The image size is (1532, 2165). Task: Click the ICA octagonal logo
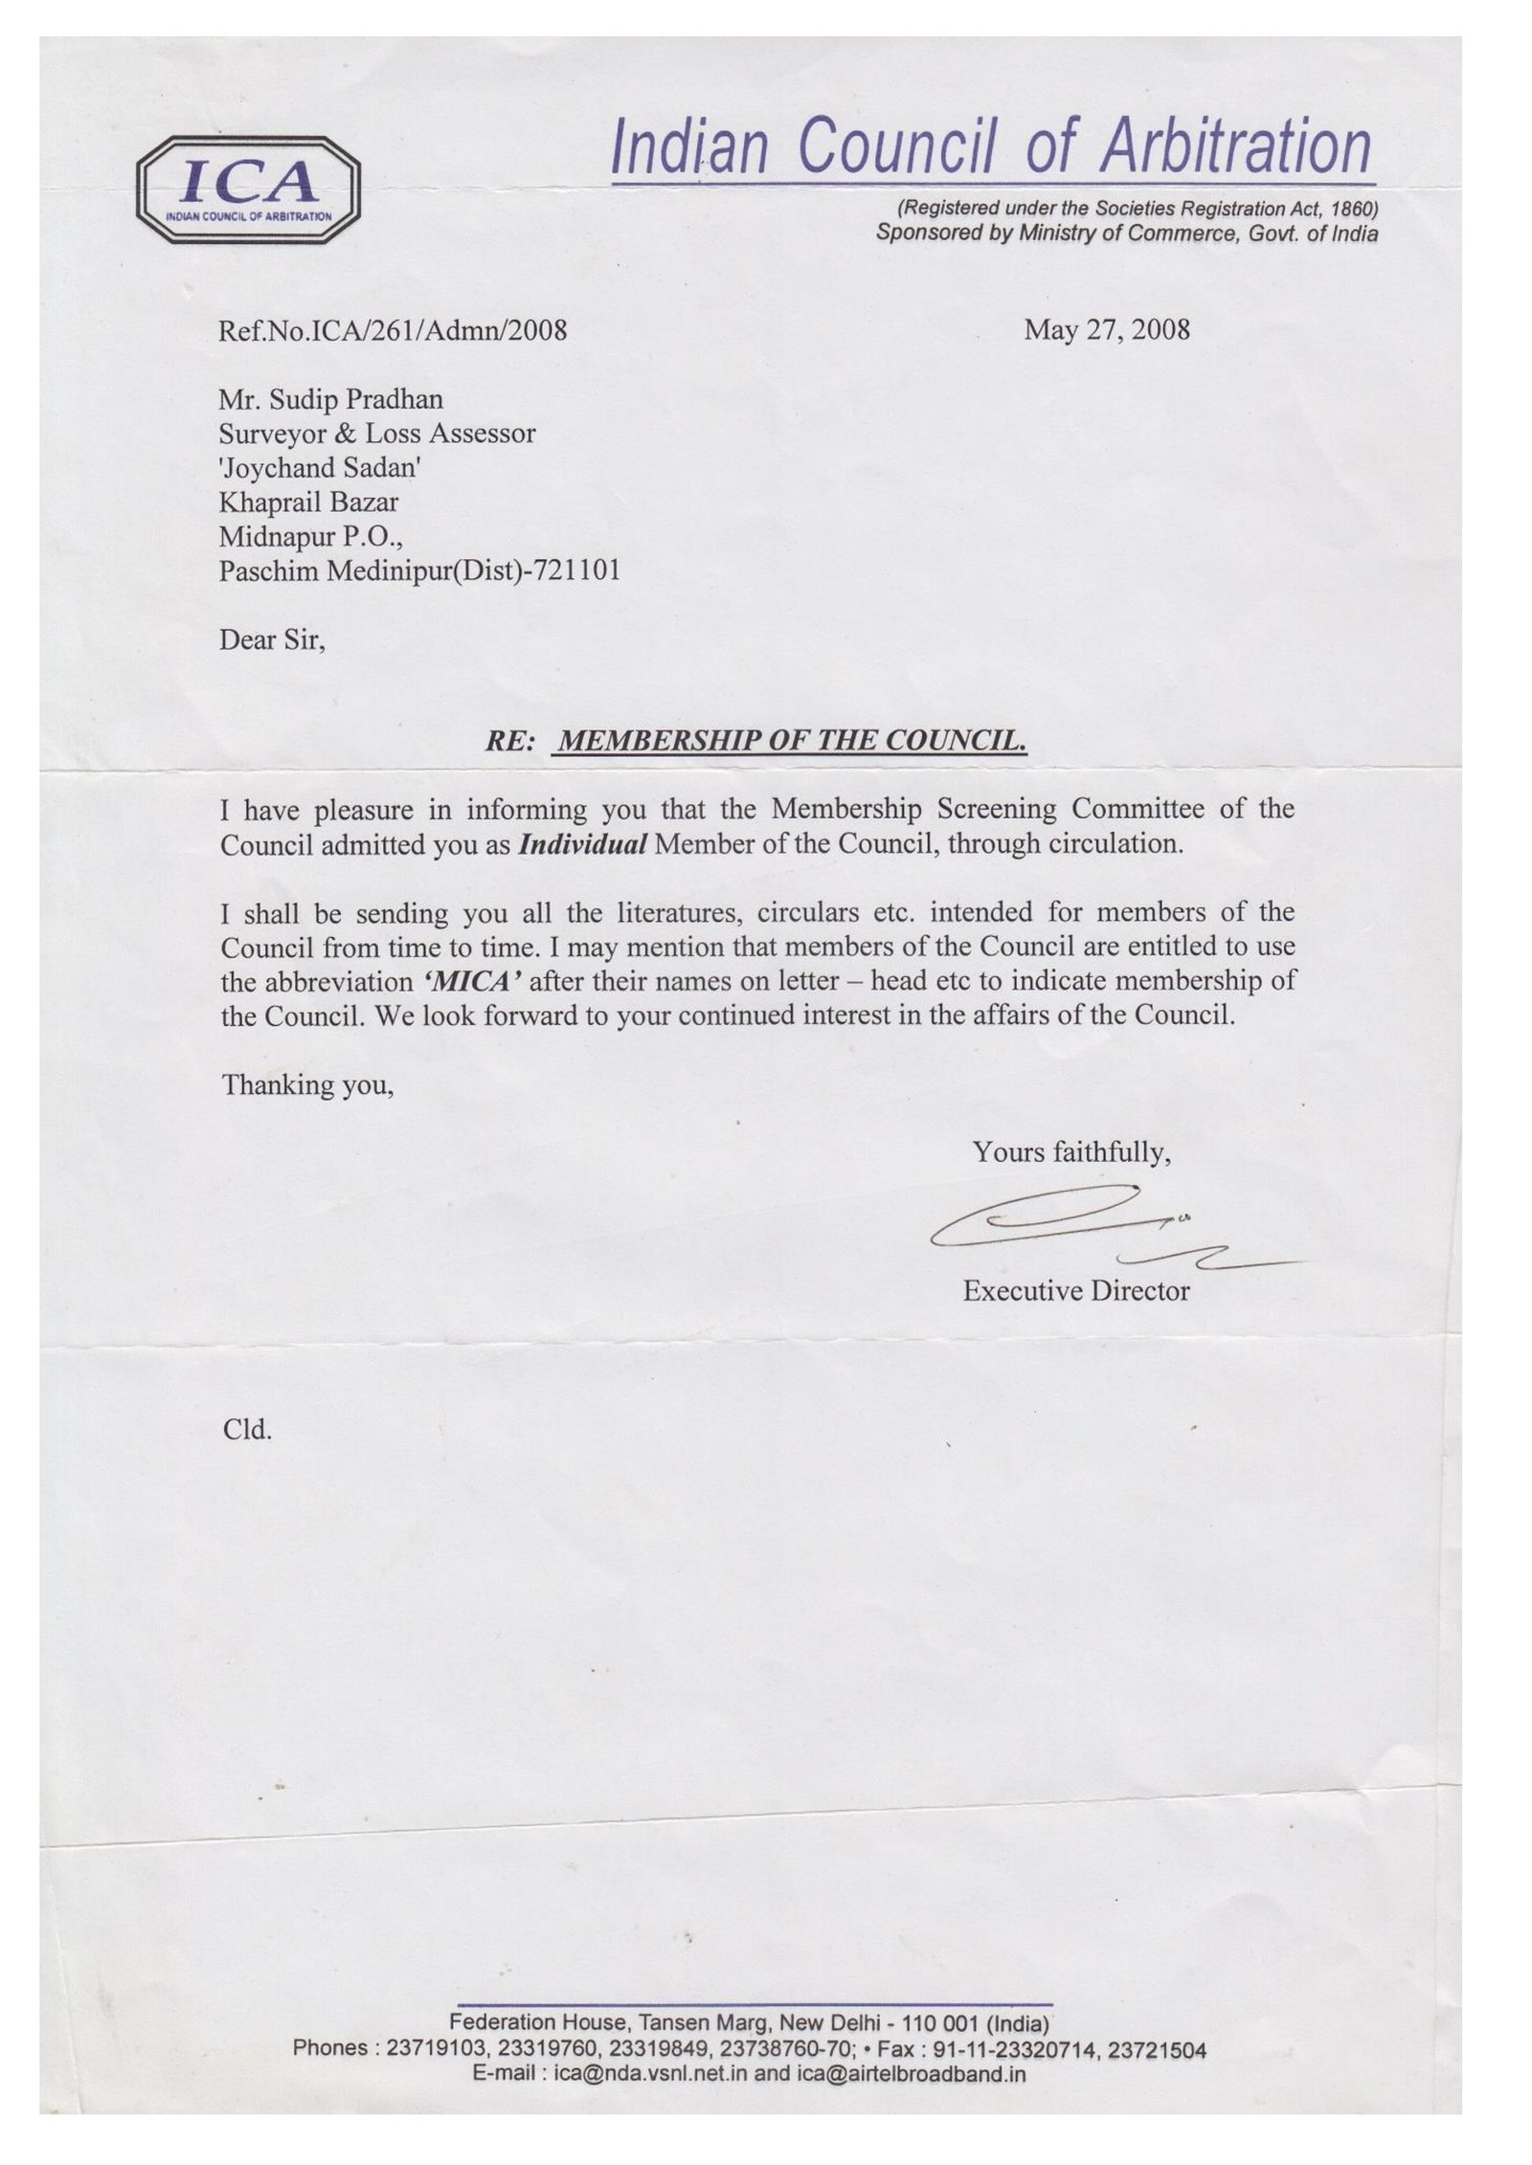(x=248, y=189)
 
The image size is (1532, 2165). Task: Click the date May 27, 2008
(x=1107, y=330)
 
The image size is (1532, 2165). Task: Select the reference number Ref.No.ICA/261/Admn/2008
(x=393, y=331)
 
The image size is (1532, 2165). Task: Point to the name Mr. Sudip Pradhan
(x=330, y=399)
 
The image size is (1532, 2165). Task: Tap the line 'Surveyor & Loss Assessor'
(x=376, y=434)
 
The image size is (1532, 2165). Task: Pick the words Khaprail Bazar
(x=308, y=502)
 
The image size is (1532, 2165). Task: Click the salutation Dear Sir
(x=272, y=639)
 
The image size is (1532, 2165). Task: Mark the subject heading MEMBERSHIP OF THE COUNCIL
(x=792, y=741)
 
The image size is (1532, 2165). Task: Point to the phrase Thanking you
(x=307, y=1084)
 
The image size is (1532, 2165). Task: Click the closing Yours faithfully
(x=1071, y=1152)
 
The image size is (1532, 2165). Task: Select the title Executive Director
(x=1075, y=1291)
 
